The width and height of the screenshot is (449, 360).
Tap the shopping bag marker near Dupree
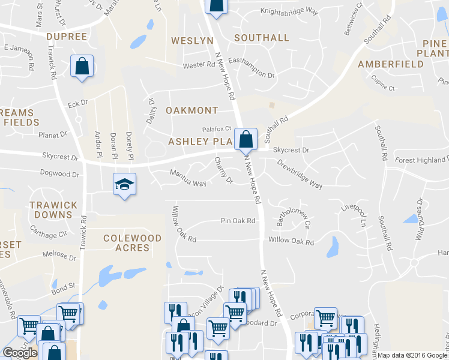coord(82,66)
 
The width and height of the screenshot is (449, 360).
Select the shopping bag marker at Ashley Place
coord(246,139)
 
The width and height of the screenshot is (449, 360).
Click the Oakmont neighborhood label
coord(191,110)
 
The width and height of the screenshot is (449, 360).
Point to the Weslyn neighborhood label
coord(192,40)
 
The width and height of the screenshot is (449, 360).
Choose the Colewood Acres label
coord(133,243)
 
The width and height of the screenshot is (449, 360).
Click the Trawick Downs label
coord(54,210)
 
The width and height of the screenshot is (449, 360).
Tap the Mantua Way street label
coord(188,178)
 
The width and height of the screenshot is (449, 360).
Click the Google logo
coord(20,353)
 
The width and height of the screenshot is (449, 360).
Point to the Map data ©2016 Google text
coord(412,355)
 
